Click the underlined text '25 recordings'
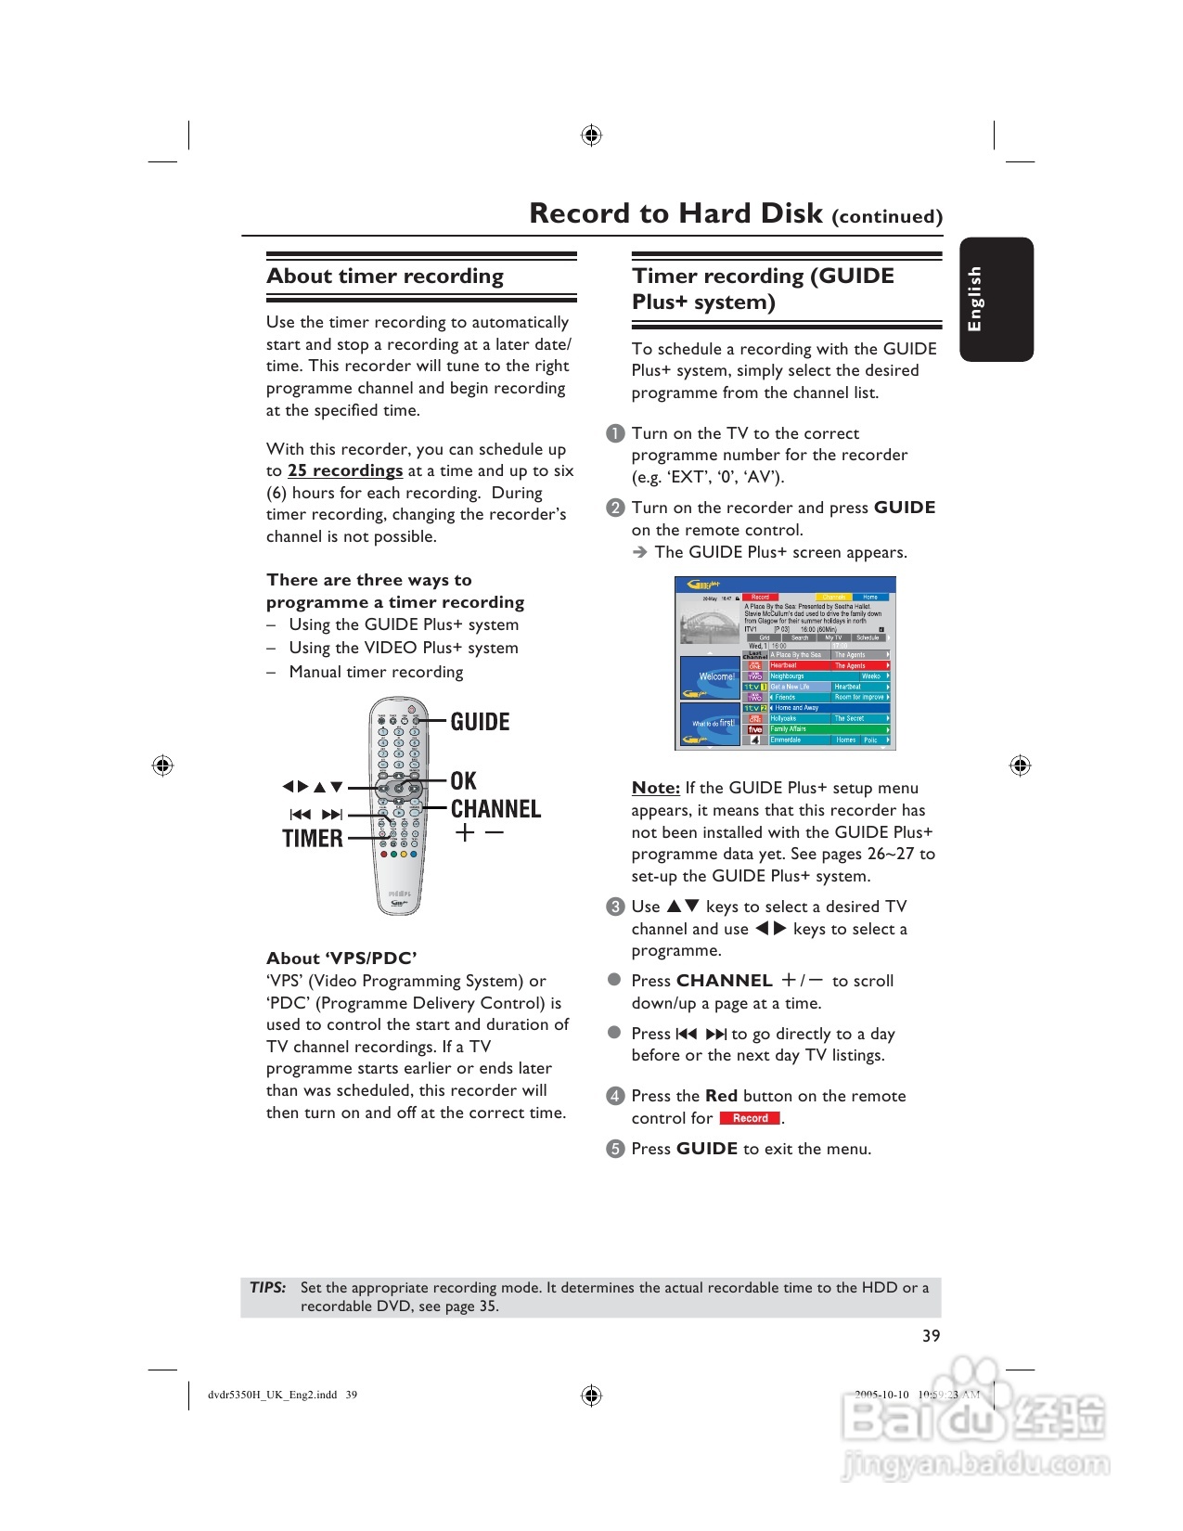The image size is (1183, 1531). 345,470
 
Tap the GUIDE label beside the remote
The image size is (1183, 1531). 480,722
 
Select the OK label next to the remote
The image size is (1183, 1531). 463,781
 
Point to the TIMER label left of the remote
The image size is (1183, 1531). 313,839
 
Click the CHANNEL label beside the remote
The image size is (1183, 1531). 495,809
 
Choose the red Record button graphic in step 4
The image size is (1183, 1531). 750,1118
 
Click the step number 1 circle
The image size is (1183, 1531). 615,433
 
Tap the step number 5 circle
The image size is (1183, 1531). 615,1149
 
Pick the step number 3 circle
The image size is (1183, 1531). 615,907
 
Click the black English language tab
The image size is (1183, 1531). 996,299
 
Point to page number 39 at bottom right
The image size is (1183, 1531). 931,1335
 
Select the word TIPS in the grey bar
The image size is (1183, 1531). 268,1287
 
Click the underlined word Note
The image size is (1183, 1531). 655,788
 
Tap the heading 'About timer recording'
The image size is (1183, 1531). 385,276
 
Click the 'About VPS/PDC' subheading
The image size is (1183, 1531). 341,958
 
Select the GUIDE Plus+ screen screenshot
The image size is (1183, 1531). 785,663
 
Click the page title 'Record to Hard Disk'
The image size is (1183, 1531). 675,213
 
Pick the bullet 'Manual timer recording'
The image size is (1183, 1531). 376,672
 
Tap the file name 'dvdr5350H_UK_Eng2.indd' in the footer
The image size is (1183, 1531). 272,1395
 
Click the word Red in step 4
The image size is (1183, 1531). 721,1096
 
